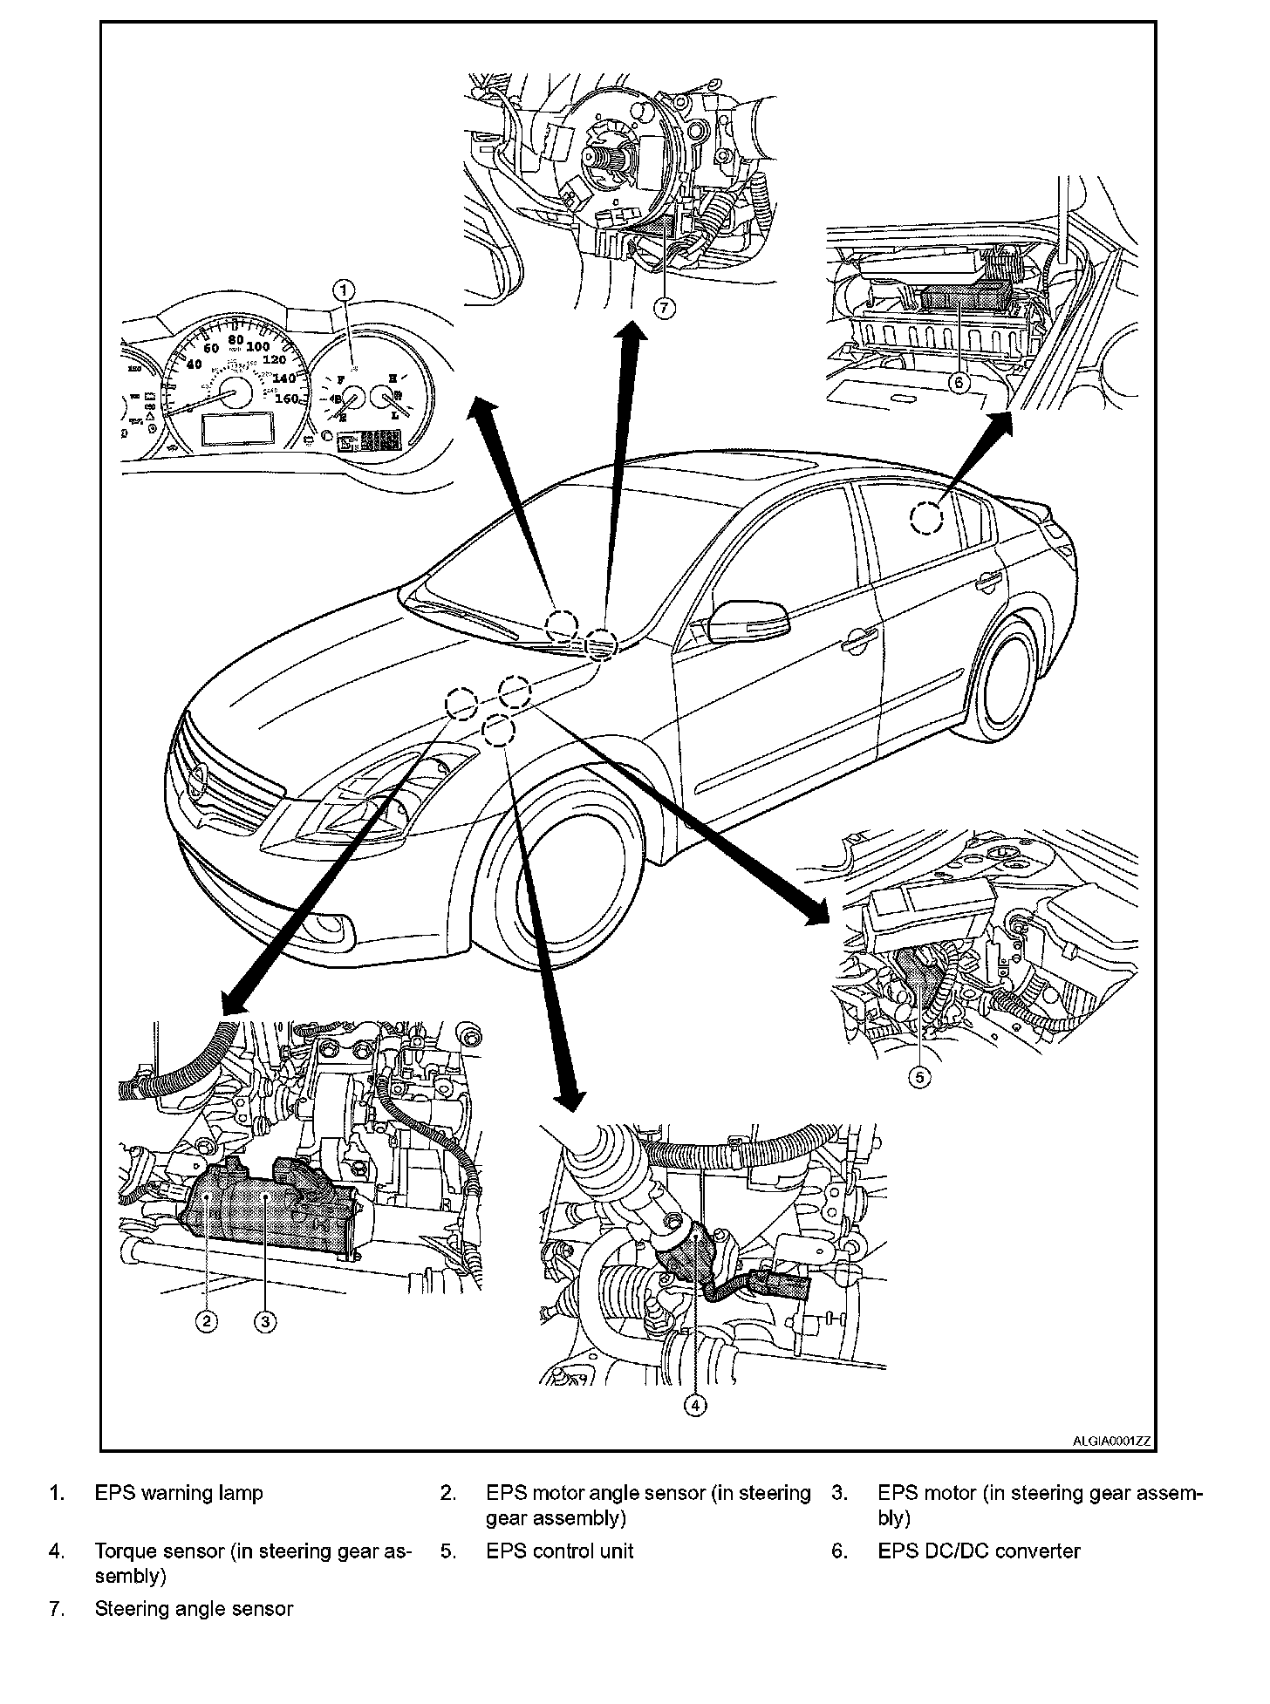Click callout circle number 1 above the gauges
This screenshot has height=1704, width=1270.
pos(345,288)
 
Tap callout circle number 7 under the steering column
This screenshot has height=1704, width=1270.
pos(665,309)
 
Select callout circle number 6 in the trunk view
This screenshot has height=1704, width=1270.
pos(959,383)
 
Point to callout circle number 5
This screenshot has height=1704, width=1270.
pos(919,1078)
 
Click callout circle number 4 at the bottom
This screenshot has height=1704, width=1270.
pos(695,1405)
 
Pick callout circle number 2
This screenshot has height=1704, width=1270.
pos(206,1322)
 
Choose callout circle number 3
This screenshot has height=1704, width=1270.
pos(266,1322)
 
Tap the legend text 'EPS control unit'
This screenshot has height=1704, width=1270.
pos(560,1551)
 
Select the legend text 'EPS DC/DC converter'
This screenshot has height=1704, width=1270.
pos(979,1551)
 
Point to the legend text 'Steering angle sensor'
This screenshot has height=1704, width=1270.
pos(194,1609)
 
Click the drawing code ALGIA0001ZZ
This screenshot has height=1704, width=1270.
pos(1112,1442)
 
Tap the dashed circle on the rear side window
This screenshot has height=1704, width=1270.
pos(926,520)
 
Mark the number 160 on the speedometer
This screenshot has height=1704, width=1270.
pos(285,399)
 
